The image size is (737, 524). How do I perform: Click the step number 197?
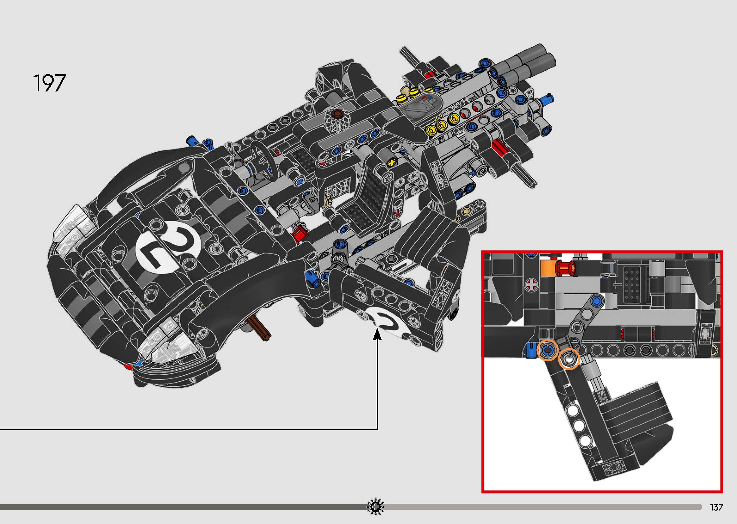pyautogui.click(x=49, y=83)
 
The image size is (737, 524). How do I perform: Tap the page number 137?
pyautogui.click(x=716, y=507)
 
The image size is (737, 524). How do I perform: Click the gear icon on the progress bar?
pyautogui.click(x=376, y=507)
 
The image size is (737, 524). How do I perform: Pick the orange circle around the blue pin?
pyautogui.click(x=547, y=350)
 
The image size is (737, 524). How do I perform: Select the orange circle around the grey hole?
pyautogui.click(x=569, y=359)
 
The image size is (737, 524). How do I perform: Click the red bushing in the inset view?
pyautogui.click(x=565, y=268)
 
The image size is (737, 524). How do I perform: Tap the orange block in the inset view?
pyautogui.click(x=547, y=268)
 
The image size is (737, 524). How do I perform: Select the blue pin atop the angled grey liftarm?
pyautogui.click(x=596, y=301)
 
